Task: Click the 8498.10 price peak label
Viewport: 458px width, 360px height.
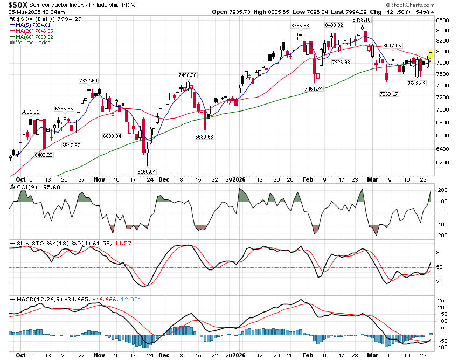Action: point(364,20)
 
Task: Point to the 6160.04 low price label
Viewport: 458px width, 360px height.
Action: point(147,171)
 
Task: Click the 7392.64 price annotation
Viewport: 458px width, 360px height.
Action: point(88,80)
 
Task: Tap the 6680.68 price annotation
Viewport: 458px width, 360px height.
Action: point(204,136)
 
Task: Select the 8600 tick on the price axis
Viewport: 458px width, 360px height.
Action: point(442,20)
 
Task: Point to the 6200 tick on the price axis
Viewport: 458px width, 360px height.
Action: point(442,162)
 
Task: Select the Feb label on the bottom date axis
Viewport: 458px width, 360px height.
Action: point(308,355)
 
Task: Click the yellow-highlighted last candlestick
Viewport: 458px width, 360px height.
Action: point(431,54)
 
